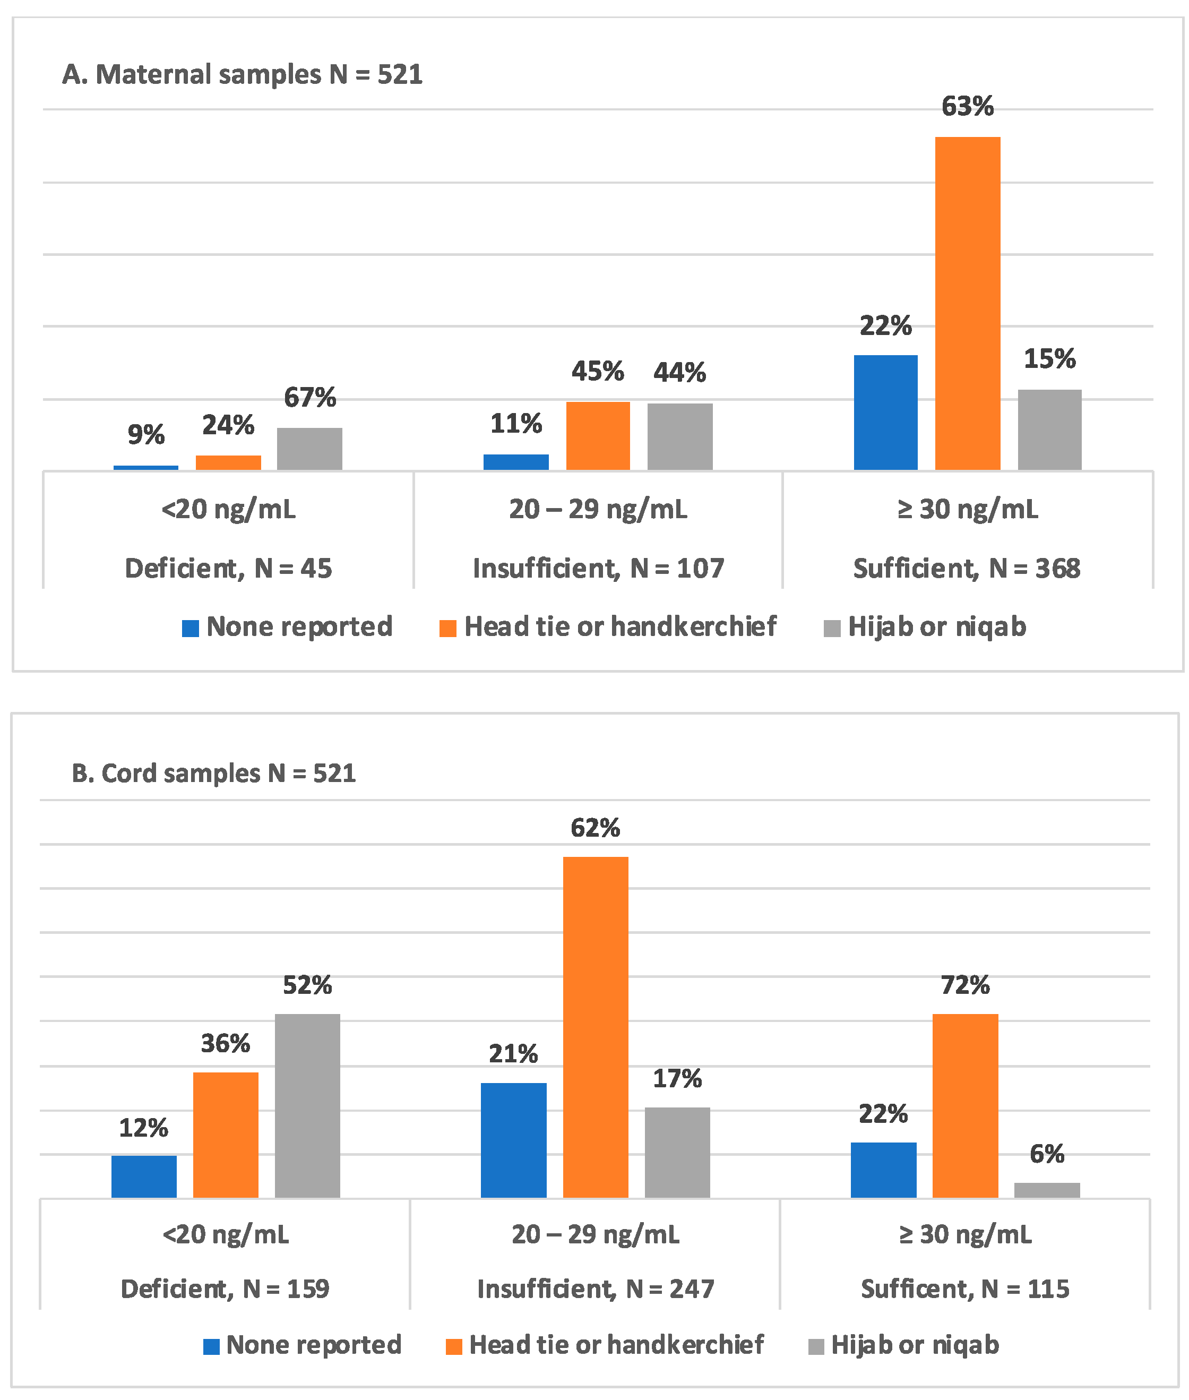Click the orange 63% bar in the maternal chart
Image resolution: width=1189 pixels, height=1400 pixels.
coord(967,303)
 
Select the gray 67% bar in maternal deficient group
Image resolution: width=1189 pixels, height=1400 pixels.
coord(309,449)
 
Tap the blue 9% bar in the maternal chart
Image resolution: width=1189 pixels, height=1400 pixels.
coord(145,467)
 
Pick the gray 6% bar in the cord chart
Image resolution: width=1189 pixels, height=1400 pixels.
coord(1047,1190)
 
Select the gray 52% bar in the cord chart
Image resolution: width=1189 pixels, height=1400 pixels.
coord(307,1105)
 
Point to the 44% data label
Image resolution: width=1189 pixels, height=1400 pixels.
coord(679,372)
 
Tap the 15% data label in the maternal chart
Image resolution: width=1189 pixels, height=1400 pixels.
coord(1049,358)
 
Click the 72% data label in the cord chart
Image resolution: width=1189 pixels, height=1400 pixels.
coord(964,985)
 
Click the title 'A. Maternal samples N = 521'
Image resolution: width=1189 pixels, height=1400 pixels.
coord(242,74)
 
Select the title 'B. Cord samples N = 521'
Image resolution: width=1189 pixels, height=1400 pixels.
coord(214,773)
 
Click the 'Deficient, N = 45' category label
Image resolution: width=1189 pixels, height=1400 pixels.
coord(228,568)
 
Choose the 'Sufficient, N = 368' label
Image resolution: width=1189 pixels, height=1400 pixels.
coord(967,568)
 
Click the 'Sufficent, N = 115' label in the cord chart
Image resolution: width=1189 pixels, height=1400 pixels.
coord(964,1289)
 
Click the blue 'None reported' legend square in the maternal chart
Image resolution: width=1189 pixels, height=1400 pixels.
coord(191,628)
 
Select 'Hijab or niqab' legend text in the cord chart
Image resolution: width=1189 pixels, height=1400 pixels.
coord(915,1345)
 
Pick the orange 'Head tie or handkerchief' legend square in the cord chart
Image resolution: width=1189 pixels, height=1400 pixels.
coord(454,1346)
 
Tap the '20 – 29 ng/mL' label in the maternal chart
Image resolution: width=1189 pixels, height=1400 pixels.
coord(598,509)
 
